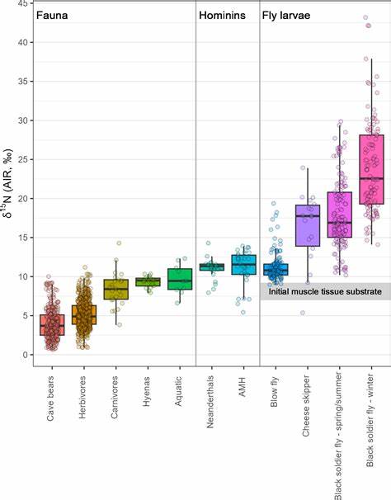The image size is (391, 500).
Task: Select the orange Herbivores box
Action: coord(83,314)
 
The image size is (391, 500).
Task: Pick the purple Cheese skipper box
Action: coord(307,225)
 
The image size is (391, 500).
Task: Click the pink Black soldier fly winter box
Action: coord(371,169)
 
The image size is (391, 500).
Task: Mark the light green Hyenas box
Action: coord(148,281)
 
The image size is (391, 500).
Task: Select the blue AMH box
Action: coord(243,264)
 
